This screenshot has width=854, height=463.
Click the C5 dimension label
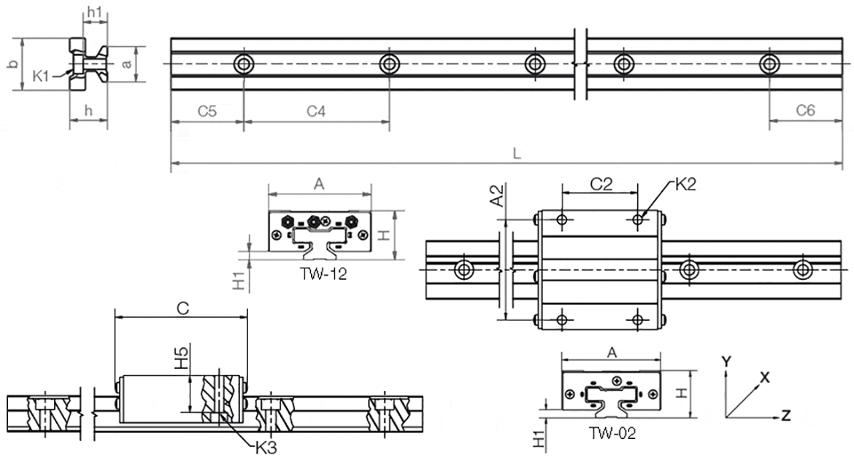coord(207,111)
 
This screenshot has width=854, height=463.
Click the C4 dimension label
coord(315,111)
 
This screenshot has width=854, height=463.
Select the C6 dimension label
coord(805,111)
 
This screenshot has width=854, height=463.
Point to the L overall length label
coord(516,153)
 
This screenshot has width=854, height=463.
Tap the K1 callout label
coord(42,74)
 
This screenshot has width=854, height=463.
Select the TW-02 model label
coord(612,433)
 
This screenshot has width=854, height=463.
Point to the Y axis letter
coord(726,362)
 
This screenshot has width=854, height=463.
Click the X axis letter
coord(765,377)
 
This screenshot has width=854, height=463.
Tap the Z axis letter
coord(786,416)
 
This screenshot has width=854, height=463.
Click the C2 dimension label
coord(600,184)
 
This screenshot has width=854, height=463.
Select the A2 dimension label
coord(497,196)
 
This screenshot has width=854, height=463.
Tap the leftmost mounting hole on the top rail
coord(242,64)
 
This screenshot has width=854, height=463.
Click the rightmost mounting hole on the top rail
coord(768,64)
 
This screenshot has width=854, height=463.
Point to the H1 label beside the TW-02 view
coord(539,437)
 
